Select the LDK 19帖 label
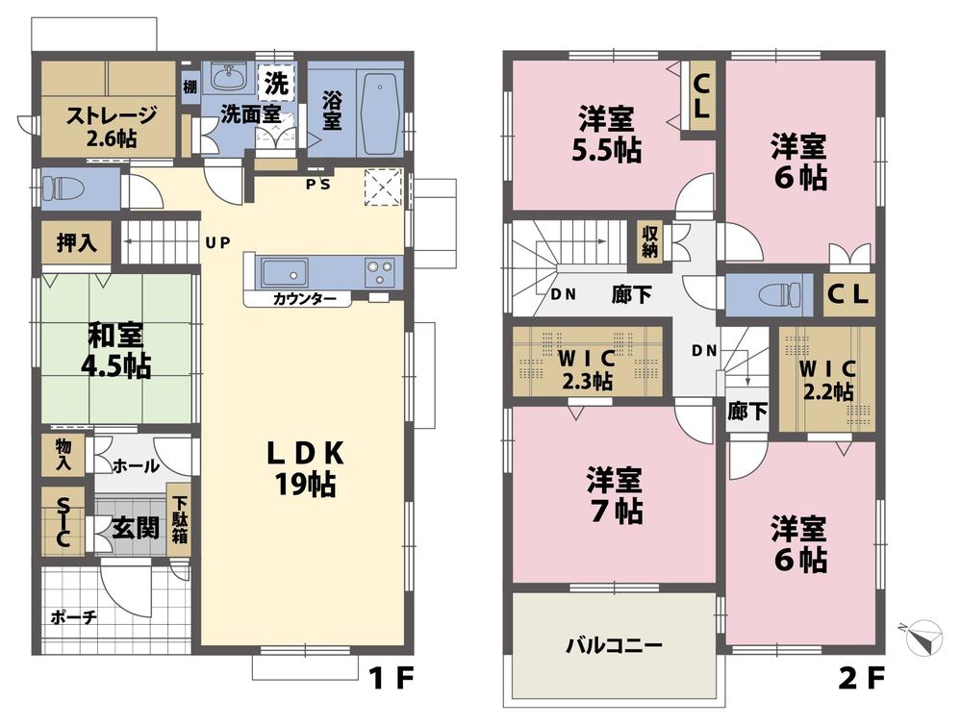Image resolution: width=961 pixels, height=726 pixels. (x=306, y=469)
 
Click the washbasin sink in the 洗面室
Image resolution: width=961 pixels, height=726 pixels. (x=230, y=77)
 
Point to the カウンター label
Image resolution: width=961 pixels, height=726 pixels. (x=304, y=299)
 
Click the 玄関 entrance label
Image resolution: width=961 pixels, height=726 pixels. (x=134, y=528)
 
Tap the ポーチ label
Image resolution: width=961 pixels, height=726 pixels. (x=73, y=616)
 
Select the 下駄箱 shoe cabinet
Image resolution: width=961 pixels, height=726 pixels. (x=180, y=520)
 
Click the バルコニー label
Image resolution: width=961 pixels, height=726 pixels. (x=612, y=645)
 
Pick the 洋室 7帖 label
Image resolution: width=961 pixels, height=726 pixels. (x=615, y=496)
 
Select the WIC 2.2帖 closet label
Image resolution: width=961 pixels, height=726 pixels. (x=826, y=379)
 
